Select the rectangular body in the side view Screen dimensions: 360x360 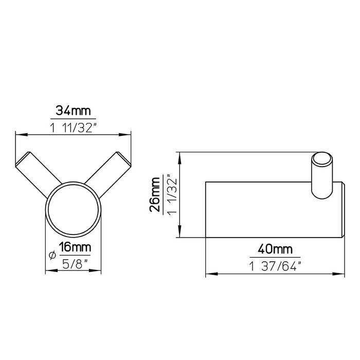pos(267,210)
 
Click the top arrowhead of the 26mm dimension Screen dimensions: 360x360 pos(179,155)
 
